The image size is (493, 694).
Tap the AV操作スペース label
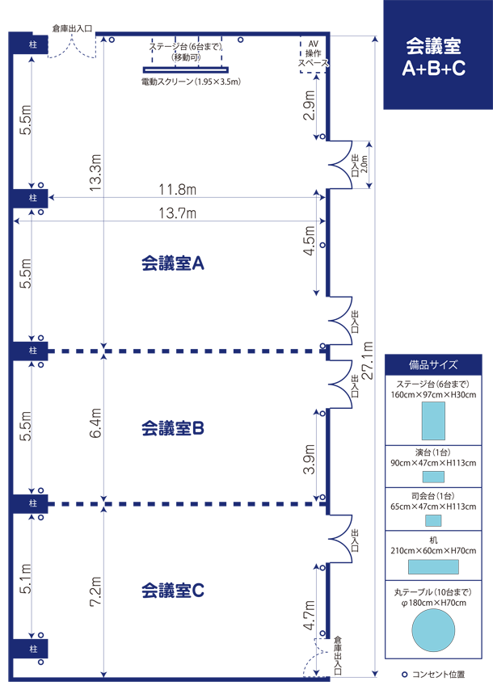313,52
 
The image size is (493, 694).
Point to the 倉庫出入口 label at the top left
71,28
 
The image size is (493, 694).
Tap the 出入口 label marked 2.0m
355,166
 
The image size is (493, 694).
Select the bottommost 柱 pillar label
33,650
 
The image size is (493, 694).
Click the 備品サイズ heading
433,365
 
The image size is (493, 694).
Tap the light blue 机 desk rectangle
433,567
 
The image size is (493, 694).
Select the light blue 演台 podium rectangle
433,477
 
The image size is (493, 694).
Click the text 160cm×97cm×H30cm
433,395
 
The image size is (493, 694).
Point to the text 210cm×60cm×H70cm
433,551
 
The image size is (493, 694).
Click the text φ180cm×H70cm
433,603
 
